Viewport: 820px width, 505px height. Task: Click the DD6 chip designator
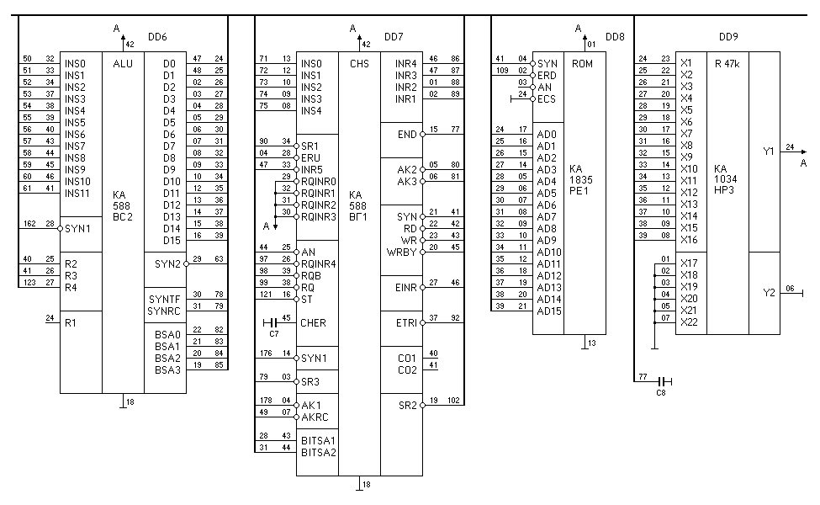coord(157,38)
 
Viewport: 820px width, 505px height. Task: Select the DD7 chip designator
coord(394,38)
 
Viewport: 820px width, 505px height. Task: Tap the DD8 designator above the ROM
coord(615,38)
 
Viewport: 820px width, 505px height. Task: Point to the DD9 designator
coord(728,38)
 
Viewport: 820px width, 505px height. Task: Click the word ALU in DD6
coord(122,63)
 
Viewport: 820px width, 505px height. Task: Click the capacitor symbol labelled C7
coord(270,323)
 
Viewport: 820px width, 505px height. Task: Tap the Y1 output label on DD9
coord(768,151)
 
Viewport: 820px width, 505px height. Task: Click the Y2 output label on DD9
coord(768,293)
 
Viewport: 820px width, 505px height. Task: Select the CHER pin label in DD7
coord(313,323)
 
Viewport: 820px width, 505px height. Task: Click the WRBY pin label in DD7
coord(401,252)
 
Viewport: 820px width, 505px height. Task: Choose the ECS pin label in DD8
coord(547,98)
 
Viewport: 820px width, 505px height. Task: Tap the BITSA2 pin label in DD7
coord(319,452)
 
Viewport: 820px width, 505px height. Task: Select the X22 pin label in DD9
coord(689,322)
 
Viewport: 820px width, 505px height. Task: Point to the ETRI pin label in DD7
coord(406,322)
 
